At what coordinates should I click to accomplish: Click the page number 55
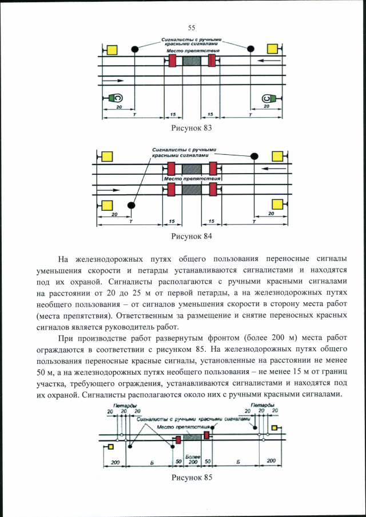(x=192, y=27)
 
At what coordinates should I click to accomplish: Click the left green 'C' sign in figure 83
(x=114, y=98)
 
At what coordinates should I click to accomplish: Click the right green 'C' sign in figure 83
(x=271, y=98)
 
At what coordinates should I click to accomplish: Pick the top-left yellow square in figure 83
(x=112, y=49)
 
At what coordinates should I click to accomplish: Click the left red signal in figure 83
(x=172, y=60)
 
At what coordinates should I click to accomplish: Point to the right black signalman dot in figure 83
(x=250, y=49)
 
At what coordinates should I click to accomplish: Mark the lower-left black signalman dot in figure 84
(x=131, y=205)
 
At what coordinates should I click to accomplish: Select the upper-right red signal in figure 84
(x=213, y=169)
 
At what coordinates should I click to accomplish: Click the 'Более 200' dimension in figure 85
(x=193, y=458)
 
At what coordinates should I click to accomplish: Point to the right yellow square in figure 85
(x=274, y=427)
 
